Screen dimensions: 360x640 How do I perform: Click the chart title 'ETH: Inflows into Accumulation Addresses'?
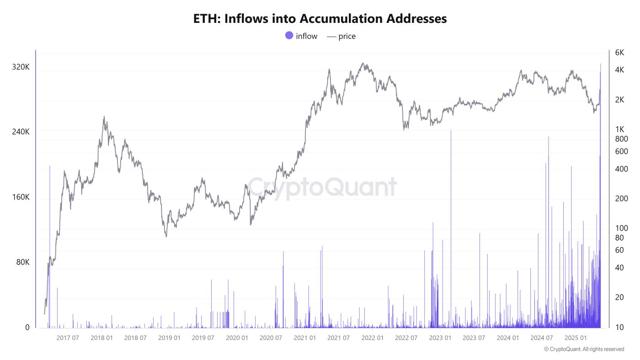320,19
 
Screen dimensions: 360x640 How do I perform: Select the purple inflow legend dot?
289,36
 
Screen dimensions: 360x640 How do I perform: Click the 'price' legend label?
347,36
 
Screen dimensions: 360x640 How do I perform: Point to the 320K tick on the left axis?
21,67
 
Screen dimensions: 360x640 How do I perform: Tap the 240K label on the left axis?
21,132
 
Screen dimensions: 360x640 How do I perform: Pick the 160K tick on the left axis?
21,197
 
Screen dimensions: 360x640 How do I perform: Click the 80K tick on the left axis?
22,262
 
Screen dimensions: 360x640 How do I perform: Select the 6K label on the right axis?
619,53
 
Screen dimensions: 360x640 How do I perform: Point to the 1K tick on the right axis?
619,129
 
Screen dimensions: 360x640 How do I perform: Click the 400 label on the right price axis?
621,169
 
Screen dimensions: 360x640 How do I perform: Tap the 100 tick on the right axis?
621,228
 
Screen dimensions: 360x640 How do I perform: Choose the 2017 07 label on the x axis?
68,338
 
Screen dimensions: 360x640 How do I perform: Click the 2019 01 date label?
169,338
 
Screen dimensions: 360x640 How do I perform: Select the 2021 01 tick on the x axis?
304,338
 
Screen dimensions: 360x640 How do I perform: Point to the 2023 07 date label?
474,338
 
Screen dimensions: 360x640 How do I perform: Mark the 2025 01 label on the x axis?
575,338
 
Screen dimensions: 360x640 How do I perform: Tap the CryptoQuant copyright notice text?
584,349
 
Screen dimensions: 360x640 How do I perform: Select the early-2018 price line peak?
104,117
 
